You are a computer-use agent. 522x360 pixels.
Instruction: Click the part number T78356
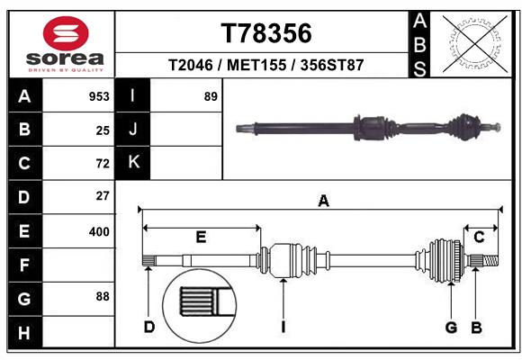(265, 33)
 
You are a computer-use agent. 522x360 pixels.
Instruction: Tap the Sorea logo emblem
(65, 35)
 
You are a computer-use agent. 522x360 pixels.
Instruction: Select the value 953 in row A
(98, 96)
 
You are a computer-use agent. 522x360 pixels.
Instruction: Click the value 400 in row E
(98, 231)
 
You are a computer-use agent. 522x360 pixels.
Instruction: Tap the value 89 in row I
(211, 96)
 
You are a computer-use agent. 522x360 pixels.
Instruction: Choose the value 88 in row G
(102, 296)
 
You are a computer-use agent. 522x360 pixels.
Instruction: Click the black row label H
(24, 333)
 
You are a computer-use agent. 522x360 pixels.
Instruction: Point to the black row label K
(133, 162)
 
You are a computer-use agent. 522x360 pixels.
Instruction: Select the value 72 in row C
(102, 164)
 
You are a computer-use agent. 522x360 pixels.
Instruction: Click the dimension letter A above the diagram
(323, 202)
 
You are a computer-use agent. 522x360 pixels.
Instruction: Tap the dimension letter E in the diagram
(201, 237)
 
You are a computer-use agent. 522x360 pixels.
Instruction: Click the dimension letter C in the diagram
(480, 237)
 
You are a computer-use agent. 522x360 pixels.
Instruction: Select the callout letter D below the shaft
(149, 327)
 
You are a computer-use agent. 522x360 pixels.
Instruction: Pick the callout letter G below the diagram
(451, 327)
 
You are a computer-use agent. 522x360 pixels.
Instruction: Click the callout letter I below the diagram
(283, 327)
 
